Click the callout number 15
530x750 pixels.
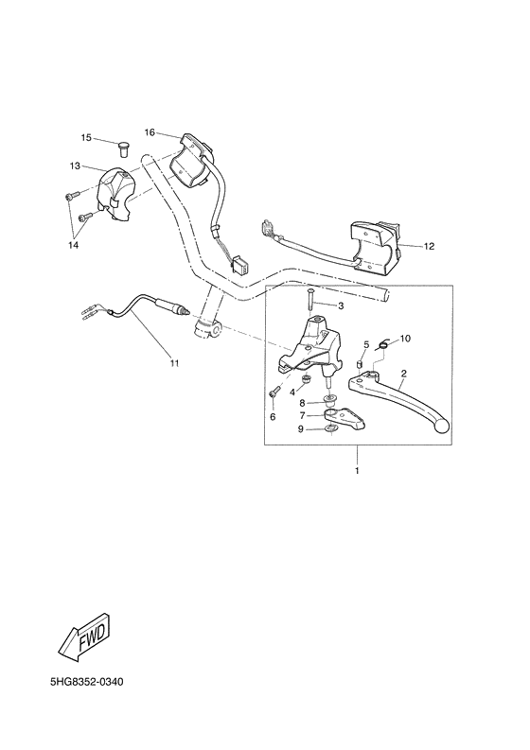click(85, 138)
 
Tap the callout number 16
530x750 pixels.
click(150, 131)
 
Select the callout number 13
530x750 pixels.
click(74, 166)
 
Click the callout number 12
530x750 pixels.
click(428, 246)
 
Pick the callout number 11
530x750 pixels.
click(173, 362)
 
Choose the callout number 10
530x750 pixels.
click(405, 338)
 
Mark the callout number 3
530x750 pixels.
click(341, 305)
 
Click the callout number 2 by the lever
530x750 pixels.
click(403, 374)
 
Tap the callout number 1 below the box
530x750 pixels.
click(357, 470)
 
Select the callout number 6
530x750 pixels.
click(273, 416)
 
